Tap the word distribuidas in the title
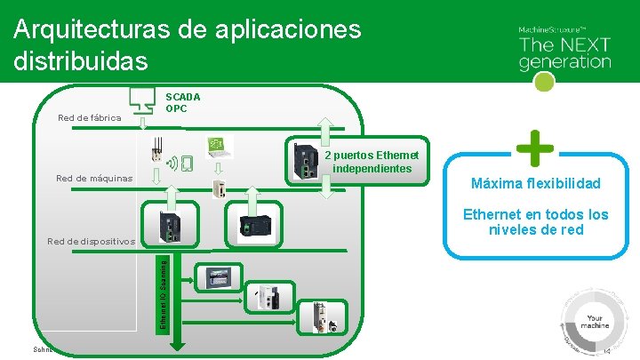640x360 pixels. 81,61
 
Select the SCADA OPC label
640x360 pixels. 183,102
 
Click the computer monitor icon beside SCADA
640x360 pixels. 142,98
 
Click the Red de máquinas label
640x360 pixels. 93,179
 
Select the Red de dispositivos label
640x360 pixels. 91,241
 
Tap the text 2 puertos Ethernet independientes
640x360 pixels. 368,162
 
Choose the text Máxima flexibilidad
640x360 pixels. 535,184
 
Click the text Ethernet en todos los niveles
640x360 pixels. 535,222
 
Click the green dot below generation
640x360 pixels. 546,82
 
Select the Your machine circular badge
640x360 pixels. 594,320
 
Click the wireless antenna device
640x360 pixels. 158,153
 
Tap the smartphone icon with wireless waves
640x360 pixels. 183,164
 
